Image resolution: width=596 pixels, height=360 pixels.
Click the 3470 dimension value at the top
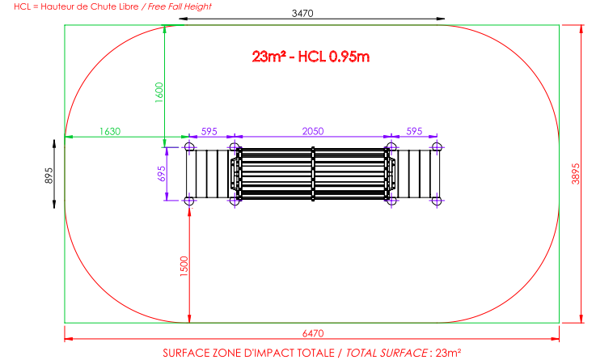(x=302, y=13)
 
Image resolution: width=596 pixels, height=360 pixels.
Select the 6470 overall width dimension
(x=313, y=333)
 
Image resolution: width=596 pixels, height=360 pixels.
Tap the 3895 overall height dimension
(x=576, y=174)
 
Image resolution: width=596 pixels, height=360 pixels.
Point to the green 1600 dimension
(x=159, y=92)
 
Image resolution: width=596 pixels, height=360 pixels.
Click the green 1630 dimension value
(x=110, y=132)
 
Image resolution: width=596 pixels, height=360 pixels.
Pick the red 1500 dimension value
(x=184, y=266)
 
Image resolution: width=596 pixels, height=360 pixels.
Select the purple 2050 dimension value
(x=313, y=132)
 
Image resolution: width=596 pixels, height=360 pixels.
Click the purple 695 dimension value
(x=162, y=174)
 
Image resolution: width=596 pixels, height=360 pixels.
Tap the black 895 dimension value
(x=49, y=176)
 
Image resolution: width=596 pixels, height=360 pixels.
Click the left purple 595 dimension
(x=209, y=132)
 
